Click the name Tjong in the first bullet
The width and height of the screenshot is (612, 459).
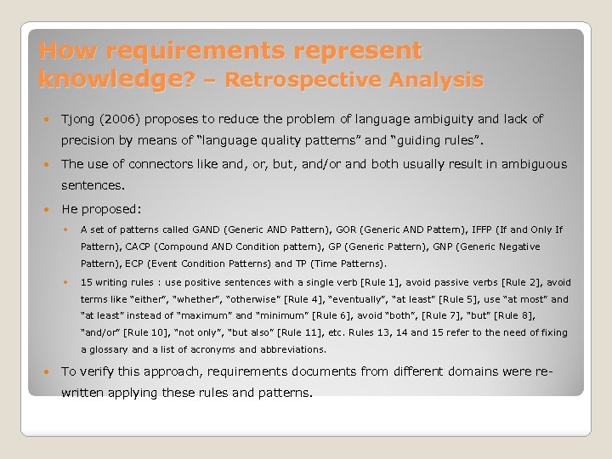pos(79,119)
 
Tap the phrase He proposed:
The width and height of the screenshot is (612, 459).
pos(101,208)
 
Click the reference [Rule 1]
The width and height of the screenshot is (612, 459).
pos(339,282)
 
